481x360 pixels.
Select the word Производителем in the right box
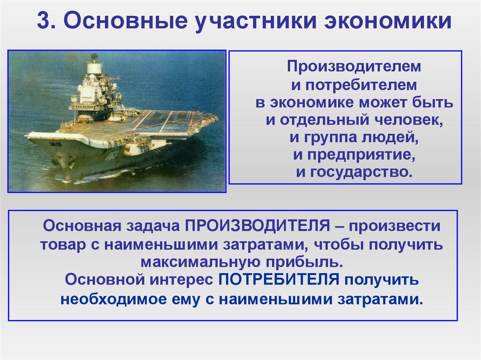pyautogui.click(x=355, y=66)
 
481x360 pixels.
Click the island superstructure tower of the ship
pyautogui.click(x=94, y=84)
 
